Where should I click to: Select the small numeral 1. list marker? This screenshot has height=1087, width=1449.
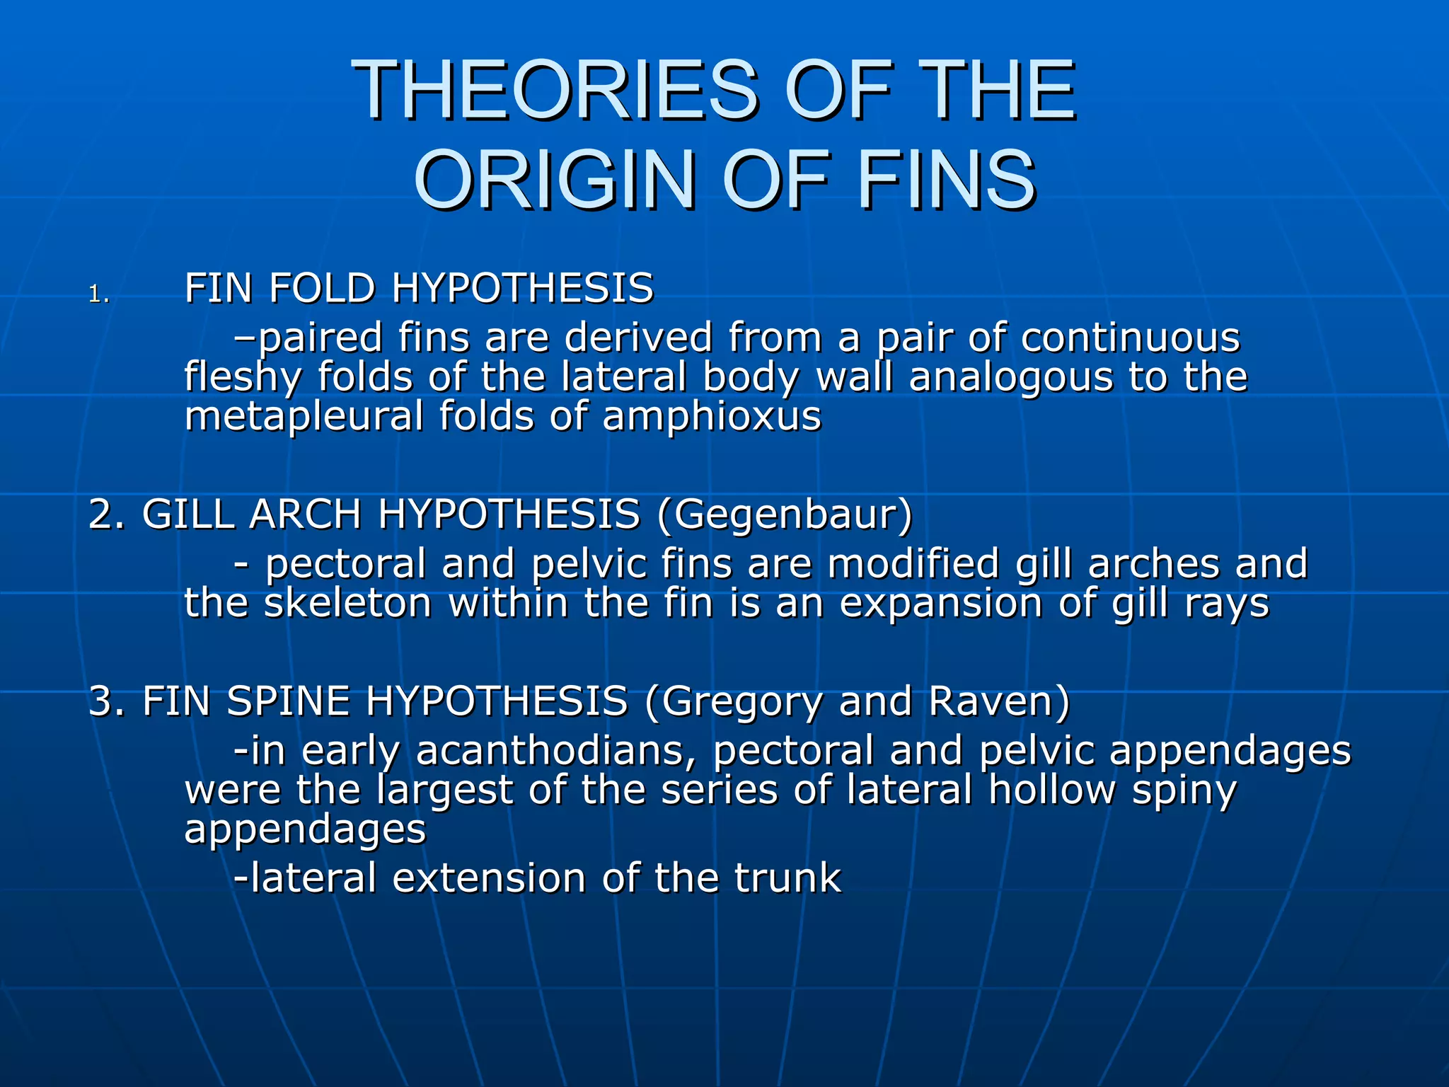(99, 294)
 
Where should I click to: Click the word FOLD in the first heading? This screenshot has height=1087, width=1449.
(321, 289)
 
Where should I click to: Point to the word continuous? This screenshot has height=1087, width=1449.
(1130, 337)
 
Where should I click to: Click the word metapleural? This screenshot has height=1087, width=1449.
(304, 415)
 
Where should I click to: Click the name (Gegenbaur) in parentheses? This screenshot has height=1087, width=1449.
(785, 514)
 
